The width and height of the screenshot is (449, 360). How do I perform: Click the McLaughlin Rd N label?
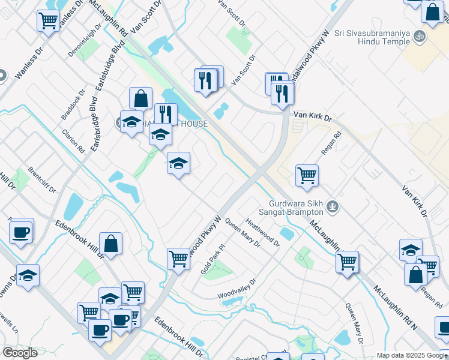(x=395, y=308)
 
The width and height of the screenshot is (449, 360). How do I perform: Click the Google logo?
(x=20, y=353)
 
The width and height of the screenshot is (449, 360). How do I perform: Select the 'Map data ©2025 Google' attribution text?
(x=412, y=355)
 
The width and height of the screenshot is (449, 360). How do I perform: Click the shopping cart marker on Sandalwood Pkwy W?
(x=178, y=259)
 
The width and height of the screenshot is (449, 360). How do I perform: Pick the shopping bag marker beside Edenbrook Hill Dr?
(x=111, y=244)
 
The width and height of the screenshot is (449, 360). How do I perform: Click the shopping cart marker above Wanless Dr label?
(x=48, y=20)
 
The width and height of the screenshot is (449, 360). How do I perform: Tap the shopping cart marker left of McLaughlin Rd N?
(x=347, y=262)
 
